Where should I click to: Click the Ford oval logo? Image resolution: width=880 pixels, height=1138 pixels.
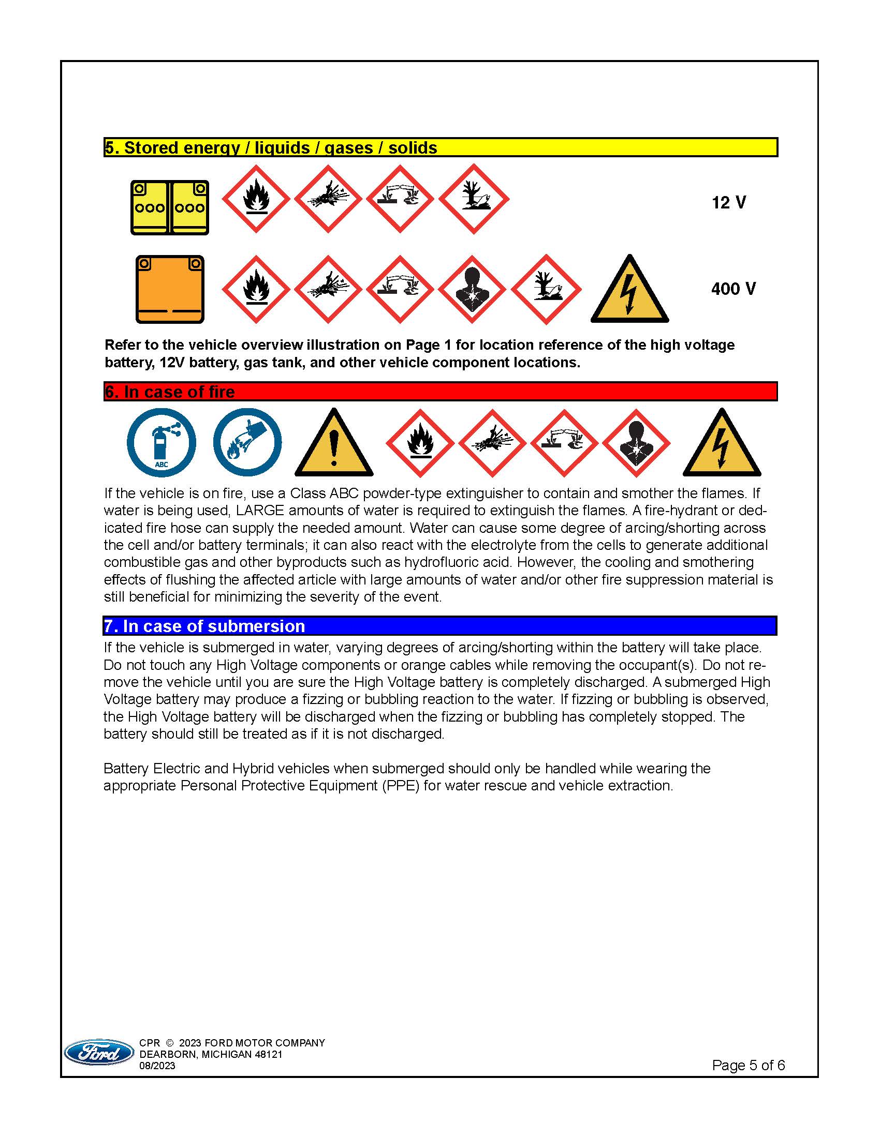click(99, 1053)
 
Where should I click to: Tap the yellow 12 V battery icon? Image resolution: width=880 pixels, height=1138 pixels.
click(169, 207)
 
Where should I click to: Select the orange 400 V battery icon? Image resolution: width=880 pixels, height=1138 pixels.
click(169, 289)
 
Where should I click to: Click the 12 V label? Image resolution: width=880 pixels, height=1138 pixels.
click(728, 202)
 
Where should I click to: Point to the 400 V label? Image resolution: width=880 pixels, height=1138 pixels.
click(733, 289)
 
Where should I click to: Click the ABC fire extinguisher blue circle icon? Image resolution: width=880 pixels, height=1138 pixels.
click(162, 442)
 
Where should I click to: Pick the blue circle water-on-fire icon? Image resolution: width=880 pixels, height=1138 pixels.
click(247, 442)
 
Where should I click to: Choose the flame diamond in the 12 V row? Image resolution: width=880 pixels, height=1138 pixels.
click(256, 199)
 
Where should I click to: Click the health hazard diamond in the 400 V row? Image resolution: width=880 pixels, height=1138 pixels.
click(472, 290)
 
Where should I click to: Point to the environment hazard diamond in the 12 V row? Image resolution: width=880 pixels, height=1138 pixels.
click(473, 199)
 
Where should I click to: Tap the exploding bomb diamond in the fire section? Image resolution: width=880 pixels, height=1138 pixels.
click(492, 443)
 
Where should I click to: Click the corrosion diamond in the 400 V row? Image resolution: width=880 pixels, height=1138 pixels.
click(400, 290)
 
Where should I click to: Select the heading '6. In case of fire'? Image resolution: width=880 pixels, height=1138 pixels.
click(170, 392)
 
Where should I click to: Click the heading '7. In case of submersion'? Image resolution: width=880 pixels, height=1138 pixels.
click(204, 626)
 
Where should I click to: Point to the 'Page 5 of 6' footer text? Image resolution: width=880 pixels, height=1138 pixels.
click(748, 1065)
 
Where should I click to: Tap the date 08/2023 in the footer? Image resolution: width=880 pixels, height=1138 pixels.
click(157, 1066)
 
